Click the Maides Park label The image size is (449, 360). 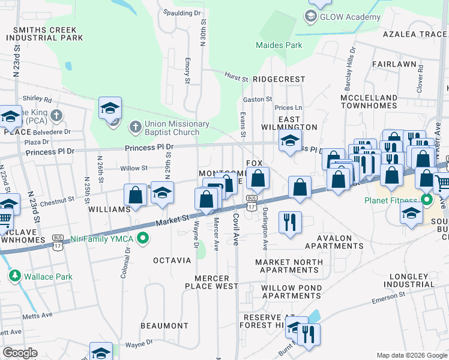279,45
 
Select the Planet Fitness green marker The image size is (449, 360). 427,199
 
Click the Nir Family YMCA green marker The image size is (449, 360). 143,239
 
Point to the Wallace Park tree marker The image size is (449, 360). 14,277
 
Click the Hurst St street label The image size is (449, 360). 237,78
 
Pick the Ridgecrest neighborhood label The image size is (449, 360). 279,79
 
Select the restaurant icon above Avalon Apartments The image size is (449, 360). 290,222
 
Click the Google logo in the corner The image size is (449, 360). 20,352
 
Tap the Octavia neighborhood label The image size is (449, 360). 172,260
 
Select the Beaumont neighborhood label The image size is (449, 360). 164,326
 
